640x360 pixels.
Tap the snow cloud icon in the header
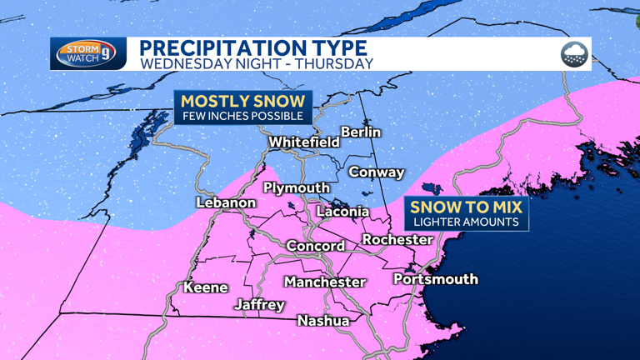[x=574, y=54]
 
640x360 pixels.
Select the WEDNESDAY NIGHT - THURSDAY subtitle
[x=257, y=62]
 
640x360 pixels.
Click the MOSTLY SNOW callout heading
[x=243, y=101]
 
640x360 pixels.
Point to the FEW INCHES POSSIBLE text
[x=243, y=116]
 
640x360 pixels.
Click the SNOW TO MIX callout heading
[x=466, y=207]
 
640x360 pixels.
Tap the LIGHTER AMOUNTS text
[x=466, y=222]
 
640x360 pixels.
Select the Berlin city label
[x=361, y=132]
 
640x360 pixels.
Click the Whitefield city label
[x=304, y=142]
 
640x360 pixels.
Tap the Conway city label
[x=376, y=172]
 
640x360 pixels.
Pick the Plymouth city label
[x=297, y=187]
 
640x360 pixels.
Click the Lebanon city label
[x=226, y=202]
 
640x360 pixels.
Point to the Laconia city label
[x=342, y=212]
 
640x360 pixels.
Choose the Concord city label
[x=315, y=246]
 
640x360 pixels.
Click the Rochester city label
[x=397, y=240]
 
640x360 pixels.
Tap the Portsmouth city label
[x=435, y=278]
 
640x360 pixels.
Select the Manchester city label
[x=324, y=282]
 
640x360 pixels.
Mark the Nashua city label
[x=322, y=320]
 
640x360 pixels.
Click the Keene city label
[x=205, y=287]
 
